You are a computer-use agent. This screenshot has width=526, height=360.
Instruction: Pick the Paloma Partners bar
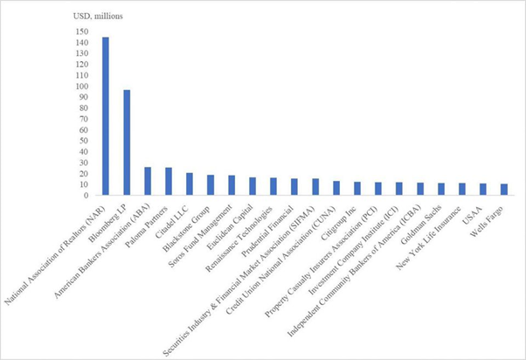(169, 181)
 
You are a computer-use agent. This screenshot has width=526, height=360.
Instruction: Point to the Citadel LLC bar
(190, 183)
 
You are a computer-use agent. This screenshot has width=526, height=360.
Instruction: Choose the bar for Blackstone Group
(211, 185)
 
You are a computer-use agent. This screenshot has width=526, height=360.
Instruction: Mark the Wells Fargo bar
(503, 190)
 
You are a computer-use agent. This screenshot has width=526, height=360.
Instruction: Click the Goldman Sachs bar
(440, 190)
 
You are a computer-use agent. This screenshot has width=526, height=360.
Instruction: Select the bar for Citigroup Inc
(356, 189)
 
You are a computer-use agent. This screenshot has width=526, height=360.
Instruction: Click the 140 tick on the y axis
(80, 43)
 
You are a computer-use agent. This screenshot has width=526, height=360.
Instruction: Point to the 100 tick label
(80, 87)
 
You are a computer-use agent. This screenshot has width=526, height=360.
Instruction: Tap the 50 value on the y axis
(82, 141)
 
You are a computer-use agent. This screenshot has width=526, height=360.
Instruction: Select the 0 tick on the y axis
(85, 195)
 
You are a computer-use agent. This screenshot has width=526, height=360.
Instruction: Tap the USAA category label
(475, 211)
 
